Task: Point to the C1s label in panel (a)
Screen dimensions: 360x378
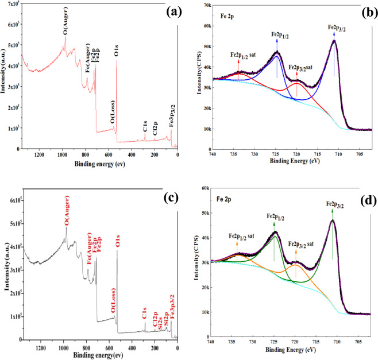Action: point(146,126)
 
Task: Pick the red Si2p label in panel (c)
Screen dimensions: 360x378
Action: point(167,314)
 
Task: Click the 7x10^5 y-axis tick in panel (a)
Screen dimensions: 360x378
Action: point(11,5)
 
